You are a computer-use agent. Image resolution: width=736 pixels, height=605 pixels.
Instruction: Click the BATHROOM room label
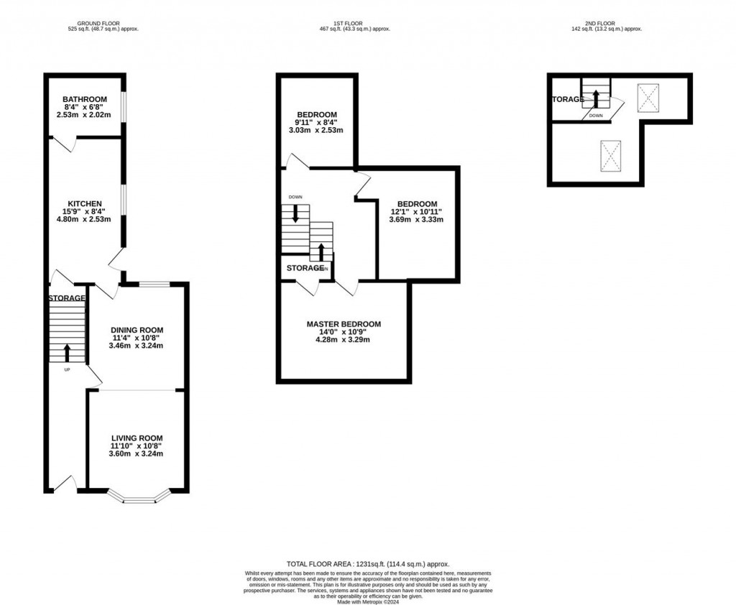pyautogui.click(x=85, y=99)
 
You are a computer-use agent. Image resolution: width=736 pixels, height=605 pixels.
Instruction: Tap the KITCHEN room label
pyautogui.click(x=85, y=203)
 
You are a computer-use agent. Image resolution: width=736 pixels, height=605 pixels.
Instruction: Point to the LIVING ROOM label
pyautogui.click(x=137, y=438)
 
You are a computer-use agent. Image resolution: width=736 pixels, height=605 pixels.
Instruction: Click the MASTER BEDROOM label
pyautogui.click(x=344, y=324)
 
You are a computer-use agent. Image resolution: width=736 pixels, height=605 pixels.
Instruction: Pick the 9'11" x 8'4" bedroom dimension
pyautogui.click(x=317, y=123)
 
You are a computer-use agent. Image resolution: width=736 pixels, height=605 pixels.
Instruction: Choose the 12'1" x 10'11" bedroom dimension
pyautogui.click(x=416, y=212)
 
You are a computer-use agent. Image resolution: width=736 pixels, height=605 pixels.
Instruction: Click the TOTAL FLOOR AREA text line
pyautogui.click(x=368, y=564)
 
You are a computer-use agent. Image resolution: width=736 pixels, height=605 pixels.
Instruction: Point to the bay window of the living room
pyautogui.click(x=139, y=497)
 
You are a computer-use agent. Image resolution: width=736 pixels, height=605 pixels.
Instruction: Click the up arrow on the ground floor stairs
pyautogui.click(x=68, y=352)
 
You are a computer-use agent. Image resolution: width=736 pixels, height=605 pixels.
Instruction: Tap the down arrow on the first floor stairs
pyautogui.click(x=295, y=214)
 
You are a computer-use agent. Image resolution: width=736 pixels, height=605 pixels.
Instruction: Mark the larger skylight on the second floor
pyautogui.click(x=612, y=155)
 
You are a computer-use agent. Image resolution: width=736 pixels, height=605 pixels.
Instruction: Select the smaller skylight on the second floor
pyautogui.click(x=648, y=97)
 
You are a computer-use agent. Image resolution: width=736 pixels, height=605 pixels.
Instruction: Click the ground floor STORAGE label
pyautogui.click(x=67, y=297)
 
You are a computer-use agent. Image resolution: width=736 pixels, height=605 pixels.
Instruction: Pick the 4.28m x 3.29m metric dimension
pyautogui.click(x=344, y=340)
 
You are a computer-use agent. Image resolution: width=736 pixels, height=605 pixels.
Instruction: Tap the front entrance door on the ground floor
pyautogui.click(x=65, y=485)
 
